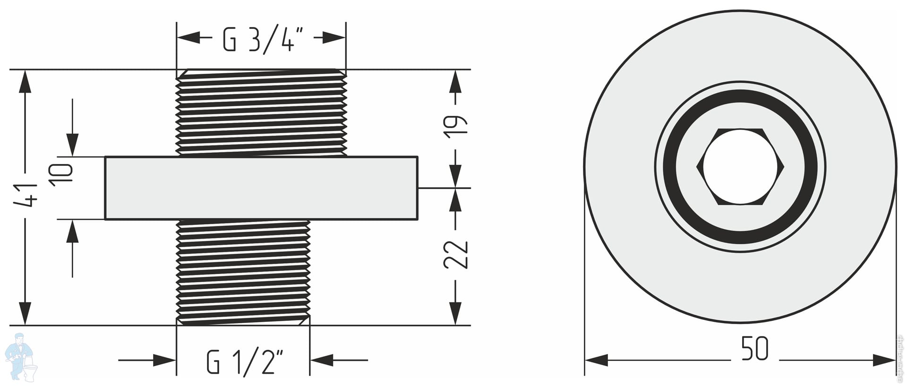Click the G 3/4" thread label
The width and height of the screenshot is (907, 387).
point(259,39)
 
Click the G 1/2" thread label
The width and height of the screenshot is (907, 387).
point(245,361)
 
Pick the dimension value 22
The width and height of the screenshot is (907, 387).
point(455,255)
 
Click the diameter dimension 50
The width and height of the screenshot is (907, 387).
point(754,349)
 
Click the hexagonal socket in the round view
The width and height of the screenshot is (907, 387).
point(740,166)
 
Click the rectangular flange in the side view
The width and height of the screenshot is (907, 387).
point(261,188)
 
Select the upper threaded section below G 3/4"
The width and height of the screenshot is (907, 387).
point(261,112)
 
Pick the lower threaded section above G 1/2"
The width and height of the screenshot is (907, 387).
point(243,273)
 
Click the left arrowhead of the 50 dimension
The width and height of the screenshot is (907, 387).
point(596,360)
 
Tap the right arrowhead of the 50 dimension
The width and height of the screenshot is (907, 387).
point(884,360)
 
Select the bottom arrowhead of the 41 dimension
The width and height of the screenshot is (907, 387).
point(25,313)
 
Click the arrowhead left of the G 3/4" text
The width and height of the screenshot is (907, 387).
point(188,37)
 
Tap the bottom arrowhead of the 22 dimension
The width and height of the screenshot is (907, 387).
point(455,313)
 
